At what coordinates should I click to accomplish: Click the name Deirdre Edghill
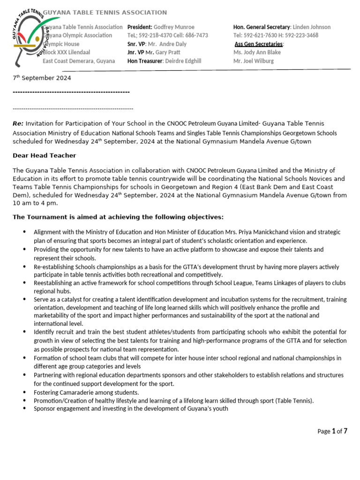pyautogui.click(x=182, y=61)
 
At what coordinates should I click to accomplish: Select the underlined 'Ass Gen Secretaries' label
pyautogui.click(x=259, y=44)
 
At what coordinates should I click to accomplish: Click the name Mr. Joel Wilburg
pyautogui.click(x=254, y=61)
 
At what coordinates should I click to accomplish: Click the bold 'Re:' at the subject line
pyautogui.click(x=18, y=124)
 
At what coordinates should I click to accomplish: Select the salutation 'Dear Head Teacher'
pyautogui.click(x=44, y=156)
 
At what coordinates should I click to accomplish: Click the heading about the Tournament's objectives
pyautogui.click(x=118, y=217)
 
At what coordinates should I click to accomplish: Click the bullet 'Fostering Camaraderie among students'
pyautogui.click(x=86, y=392)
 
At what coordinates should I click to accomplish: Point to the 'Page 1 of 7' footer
pyautogui.click(x=332, y=431)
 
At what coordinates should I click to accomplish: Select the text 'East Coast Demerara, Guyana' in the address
pyautogui.click(x=79, y=61)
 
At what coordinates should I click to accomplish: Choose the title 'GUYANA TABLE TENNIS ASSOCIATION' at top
pyautogui.click(x=105, y=13)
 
